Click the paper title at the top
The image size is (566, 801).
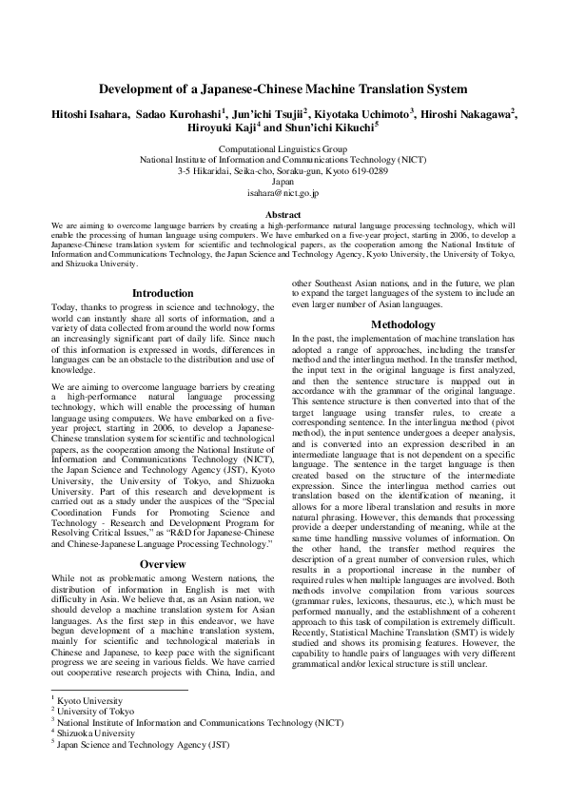tap(283, 89)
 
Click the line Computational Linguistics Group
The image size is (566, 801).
tap(283, 150)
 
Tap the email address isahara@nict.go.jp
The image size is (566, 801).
tap(283, 192)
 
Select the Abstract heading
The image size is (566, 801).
tap(283, 214)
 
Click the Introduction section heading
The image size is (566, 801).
tap(163, 293)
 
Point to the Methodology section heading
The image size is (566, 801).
tap(402, 324)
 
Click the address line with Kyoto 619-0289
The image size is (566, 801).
tap(283, 171)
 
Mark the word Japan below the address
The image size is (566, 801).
tap(283, 182)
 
